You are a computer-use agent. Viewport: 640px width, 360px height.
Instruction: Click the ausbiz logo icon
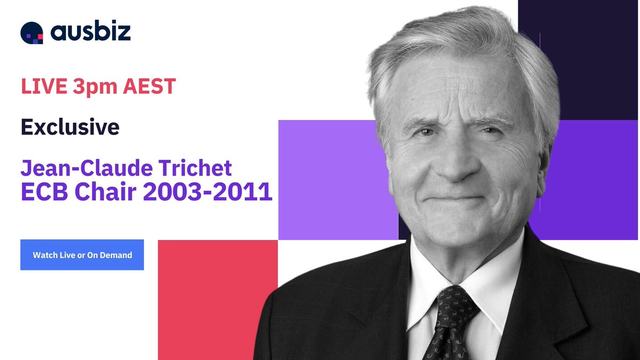click(31, 33)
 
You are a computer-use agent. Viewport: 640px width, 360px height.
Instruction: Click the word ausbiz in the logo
click(91, 32)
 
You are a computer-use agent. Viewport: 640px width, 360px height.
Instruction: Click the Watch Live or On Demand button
click(82, 255)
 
